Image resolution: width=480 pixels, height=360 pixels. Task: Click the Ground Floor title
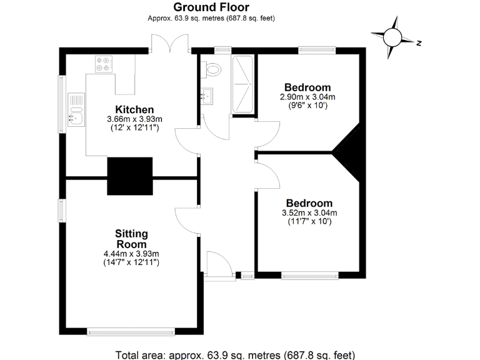click(211, 7)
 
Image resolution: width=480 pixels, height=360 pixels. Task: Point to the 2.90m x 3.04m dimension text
click(307, 97)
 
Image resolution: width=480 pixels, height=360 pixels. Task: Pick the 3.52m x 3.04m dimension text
click(309, 212)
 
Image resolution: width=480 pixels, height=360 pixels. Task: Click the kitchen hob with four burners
click(103, 64)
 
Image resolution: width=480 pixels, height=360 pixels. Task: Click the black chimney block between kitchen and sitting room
click(130, 176)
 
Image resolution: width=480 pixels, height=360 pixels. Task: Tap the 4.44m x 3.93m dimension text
click(131, 254)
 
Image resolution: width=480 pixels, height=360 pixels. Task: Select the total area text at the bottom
click(239, 354)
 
